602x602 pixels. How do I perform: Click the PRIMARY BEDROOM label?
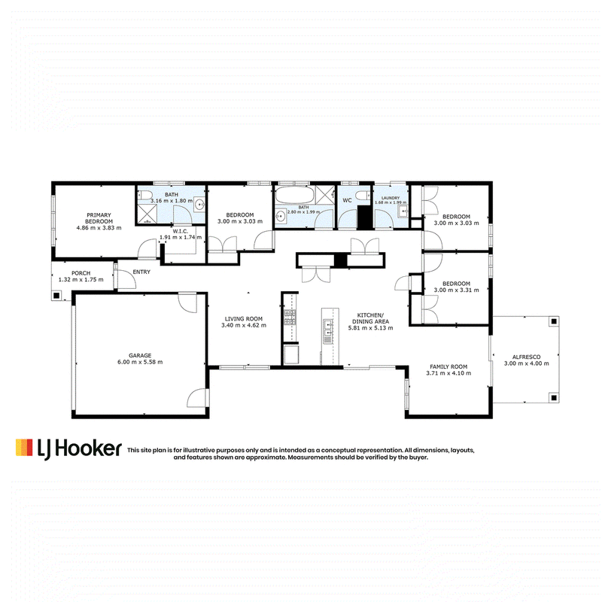tap(99, 218)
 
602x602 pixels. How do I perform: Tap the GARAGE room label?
tap(140, 355)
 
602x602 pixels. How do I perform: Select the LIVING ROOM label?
tap(243, 318)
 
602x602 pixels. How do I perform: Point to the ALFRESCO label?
tap(526, 357)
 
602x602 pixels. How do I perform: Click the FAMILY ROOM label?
tap(448, 366)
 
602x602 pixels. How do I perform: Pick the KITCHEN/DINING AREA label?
tap(370, 318)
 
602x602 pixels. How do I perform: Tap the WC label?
tap(347, 200)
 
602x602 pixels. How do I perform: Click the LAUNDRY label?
tap(391, 198)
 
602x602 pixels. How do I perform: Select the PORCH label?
tap(81, 273)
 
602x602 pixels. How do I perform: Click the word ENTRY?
tap(141, 272)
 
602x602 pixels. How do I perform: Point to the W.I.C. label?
tap(180, 231)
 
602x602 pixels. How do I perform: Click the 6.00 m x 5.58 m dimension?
tap(140, 362)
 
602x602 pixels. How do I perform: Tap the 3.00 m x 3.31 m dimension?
tap(456, 290)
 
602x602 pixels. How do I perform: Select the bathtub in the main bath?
tap(295, 196)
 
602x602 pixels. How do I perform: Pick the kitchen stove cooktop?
tap(290, 318)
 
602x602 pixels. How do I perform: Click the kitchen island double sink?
tap(327, 331)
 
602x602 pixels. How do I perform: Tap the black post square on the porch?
tap(56, 295)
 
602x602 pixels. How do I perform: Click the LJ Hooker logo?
tap(68, 448)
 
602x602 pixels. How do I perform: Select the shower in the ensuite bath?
tap(147, 214)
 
